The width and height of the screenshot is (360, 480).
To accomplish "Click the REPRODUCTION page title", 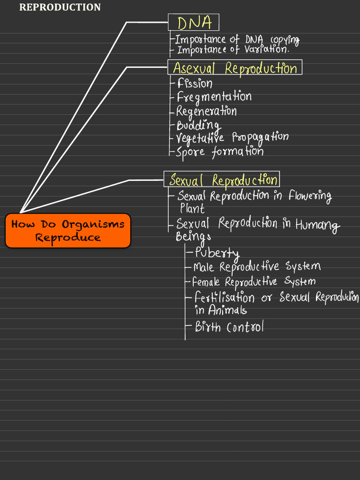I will tap(60, 7).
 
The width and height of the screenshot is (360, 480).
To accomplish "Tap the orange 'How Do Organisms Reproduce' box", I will tap(68, 231).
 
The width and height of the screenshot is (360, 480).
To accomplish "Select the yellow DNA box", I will tap(193, 22).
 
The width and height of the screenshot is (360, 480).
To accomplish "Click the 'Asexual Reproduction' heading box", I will tap(235, 67).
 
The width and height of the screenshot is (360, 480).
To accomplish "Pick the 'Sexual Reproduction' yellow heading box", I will tap(222, 180).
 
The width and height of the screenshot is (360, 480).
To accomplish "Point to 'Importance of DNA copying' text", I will tap(237, 39).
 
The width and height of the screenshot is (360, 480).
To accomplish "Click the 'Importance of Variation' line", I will tap(233, 49).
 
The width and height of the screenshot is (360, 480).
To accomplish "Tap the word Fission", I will tap(195, 83).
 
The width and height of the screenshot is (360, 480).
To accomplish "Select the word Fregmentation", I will tap(214, 97).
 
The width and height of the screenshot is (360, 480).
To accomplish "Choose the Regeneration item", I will tap(206, 111).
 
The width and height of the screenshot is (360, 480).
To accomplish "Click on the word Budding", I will tap(198, 125).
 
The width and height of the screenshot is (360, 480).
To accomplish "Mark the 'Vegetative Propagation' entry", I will tap(232, 138).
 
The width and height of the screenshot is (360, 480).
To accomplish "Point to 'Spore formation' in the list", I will tap(219, 151).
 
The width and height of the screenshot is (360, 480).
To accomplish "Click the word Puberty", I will tap(217, 253).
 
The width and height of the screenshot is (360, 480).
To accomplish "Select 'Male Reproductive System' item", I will tap(257, 267).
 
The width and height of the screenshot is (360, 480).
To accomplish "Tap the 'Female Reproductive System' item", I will tap(254, 282).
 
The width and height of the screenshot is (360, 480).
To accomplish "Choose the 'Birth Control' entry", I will tap(229, 327).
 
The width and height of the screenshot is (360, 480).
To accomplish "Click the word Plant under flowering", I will tap(192, 208).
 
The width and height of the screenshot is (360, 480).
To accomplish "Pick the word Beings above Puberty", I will tap(193, 237).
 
